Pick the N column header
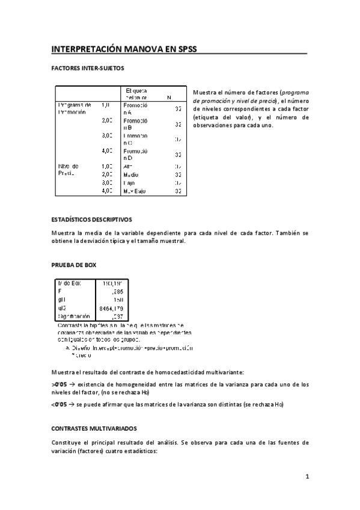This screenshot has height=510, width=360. pos(169,97)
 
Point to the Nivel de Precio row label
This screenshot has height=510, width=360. pos(69,169)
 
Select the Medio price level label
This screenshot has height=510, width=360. pos(130,174)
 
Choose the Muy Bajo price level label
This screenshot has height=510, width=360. pos(135,191)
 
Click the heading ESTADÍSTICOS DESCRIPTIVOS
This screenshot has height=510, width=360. pos(91,220)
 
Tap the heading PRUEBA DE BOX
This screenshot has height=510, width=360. pos(73,265)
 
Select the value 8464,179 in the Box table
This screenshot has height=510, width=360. pos(112,307)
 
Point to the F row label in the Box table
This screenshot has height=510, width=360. pos(59,290)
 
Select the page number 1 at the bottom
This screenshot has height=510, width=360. pos(307,477)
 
